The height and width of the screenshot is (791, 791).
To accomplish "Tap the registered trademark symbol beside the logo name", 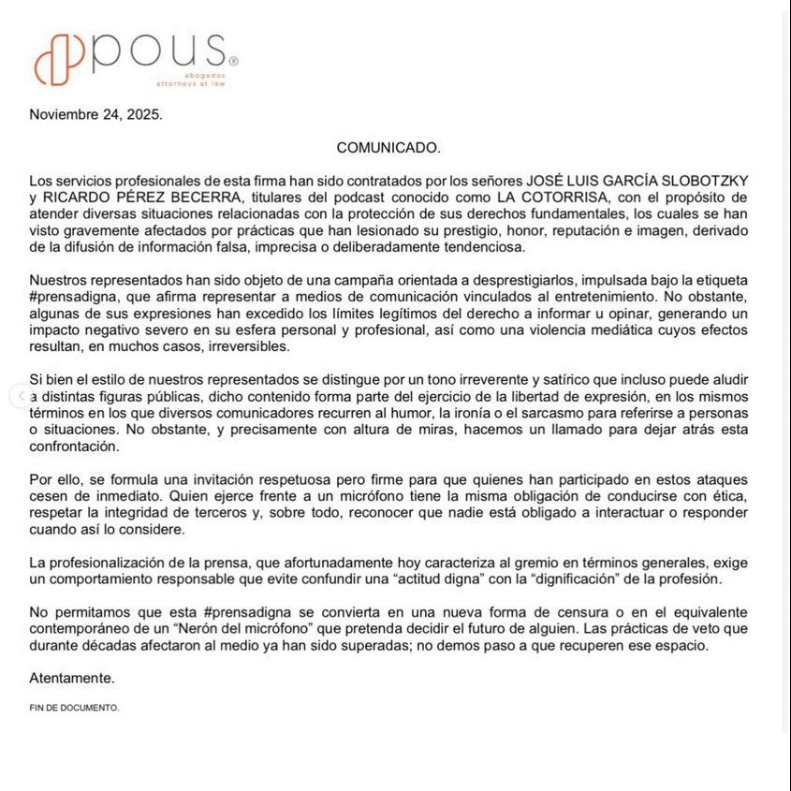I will point(233,62).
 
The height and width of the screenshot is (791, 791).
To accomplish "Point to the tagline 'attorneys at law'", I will point(191,83).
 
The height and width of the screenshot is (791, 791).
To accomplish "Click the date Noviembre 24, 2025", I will point(95,115).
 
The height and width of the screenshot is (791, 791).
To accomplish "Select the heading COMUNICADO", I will point(388,147).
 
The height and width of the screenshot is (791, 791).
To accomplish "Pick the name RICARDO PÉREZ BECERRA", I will point(132,197).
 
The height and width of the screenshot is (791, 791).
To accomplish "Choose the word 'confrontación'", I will point(74,446).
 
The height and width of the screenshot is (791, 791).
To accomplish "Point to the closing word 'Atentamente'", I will point(72,678).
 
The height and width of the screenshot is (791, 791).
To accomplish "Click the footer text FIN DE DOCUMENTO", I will point(74,708).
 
